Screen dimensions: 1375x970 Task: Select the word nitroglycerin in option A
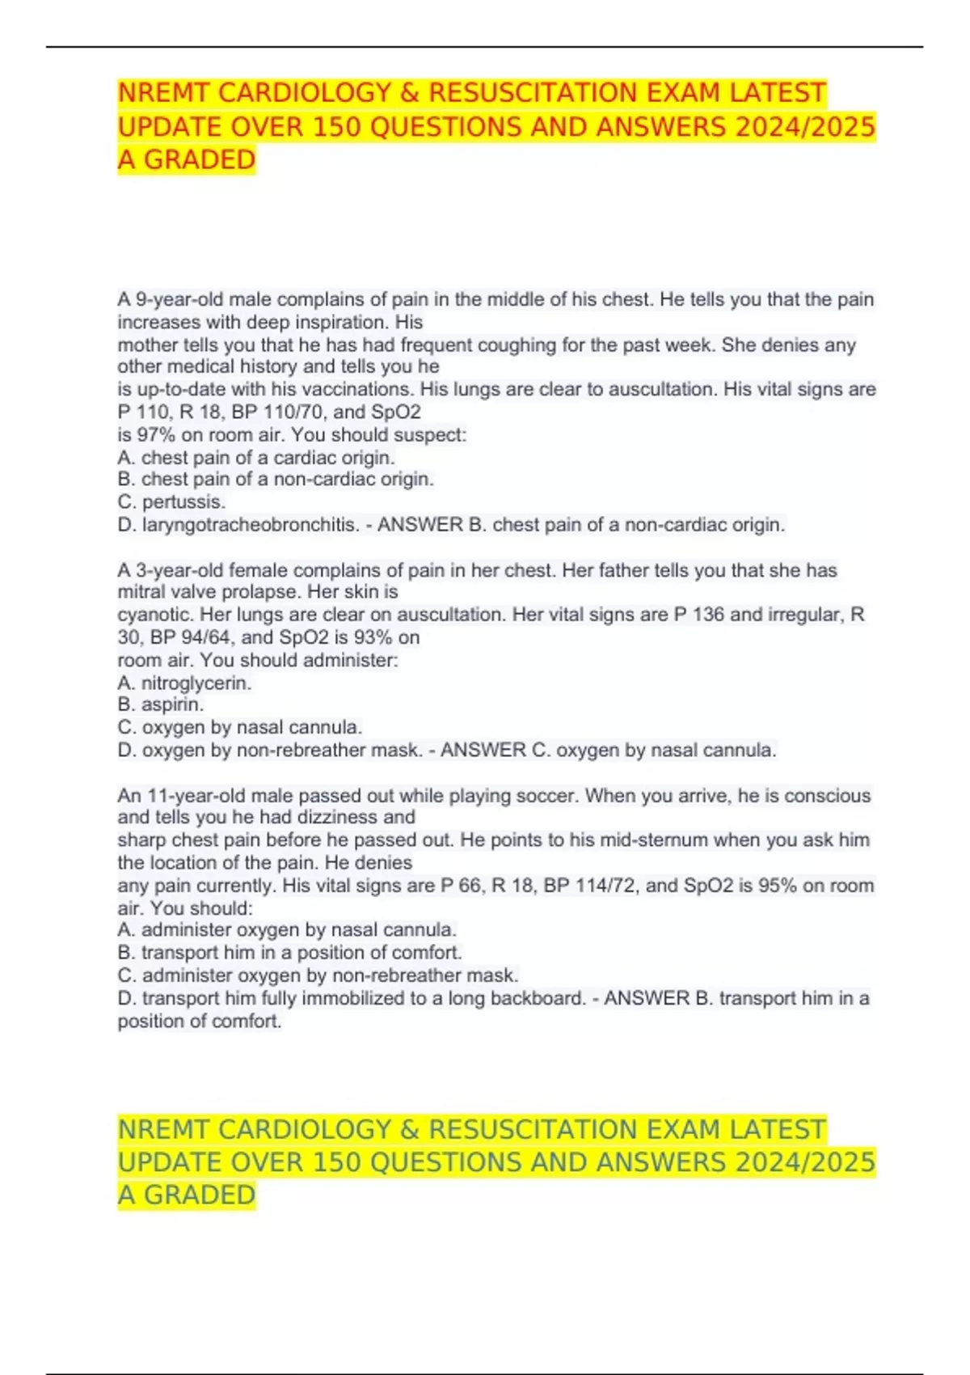click(196, 683)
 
